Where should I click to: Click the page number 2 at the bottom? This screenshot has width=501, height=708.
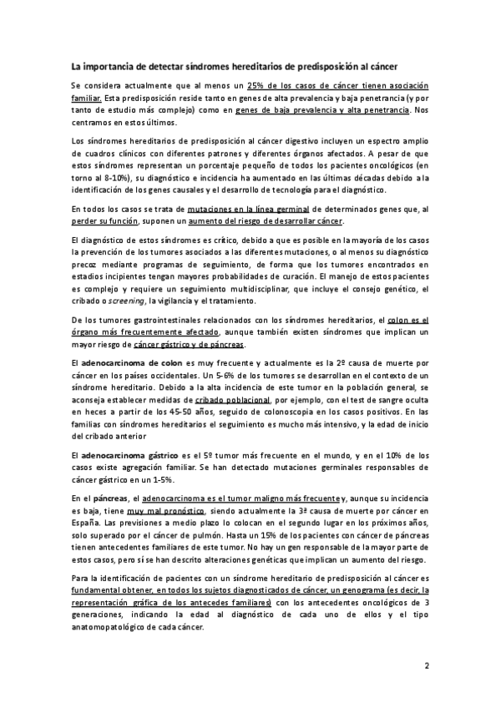pyautogui.click(x=426, y=665)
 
